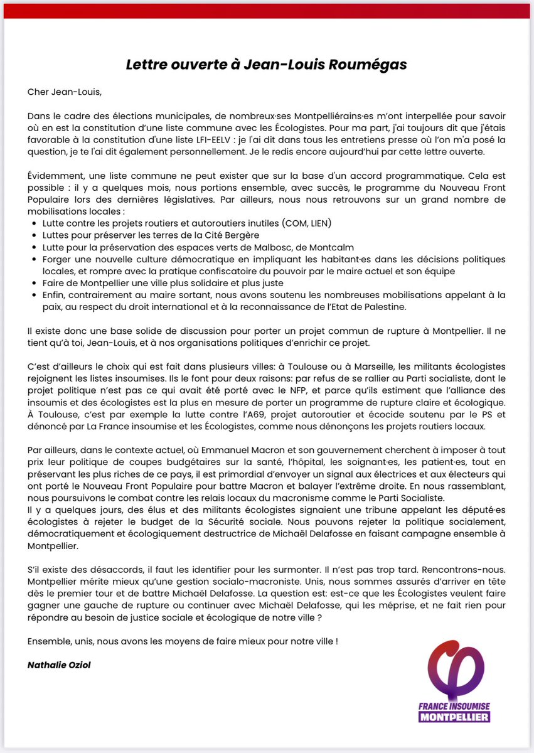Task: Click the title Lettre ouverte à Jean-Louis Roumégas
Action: pos(267,65)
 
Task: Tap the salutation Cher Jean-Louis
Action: pos(63,92)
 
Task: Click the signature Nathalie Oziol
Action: pos(59,665)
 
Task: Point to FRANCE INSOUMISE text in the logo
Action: pos(455,705)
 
